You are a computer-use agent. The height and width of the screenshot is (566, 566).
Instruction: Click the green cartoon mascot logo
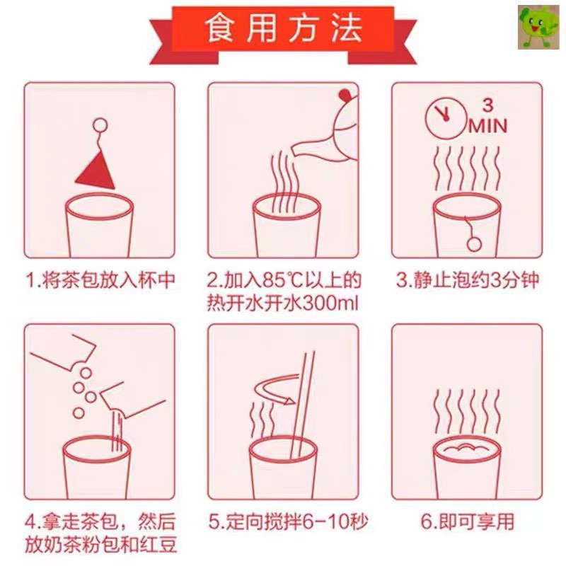pyautogui.click(x=538, y=27)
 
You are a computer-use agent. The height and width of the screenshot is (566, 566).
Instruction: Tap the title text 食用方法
pyautogui.click(x=284, y=28)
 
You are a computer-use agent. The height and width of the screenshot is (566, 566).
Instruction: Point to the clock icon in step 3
pyautogui.click(x=445, y=119)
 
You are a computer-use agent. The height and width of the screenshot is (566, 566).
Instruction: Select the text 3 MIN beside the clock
pyautogui.click(x=488, y=116)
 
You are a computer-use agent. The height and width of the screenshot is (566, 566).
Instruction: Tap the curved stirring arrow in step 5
pyautogui.click(x=275, y=390)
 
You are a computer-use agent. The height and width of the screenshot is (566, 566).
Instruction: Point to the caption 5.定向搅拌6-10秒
pyautogui.click(x=288, y=521)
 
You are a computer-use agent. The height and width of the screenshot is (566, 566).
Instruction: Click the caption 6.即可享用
pyautogui.click(x=468, y=521)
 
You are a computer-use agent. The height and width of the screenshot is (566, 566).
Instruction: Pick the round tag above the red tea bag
pyautogui.click(x=100, y=125)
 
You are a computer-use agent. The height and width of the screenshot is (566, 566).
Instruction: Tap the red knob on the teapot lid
pyautogui.click(x=345, y=95)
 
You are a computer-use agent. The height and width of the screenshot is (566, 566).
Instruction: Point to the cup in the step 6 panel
pyautogui.click(x=467, y=468)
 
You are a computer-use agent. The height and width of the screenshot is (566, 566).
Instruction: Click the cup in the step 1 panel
pyautogui.click(x=99, y=226)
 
